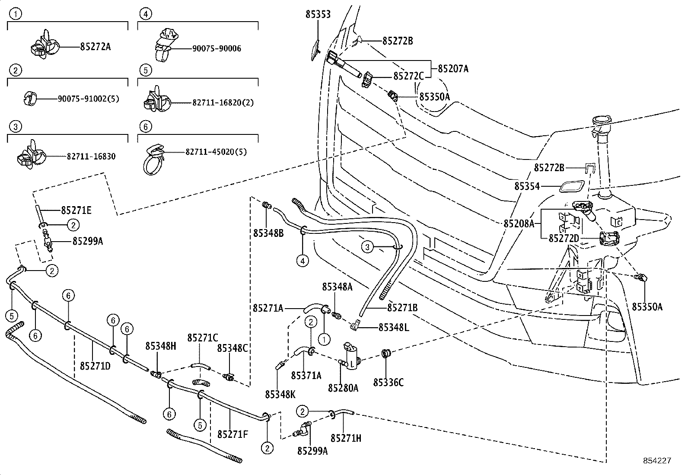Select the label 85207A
tap(453, 68)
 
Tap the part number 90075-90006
tap(217, 48)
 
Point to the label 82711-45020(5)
tap(216, 152)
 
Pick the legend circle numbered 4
tap(145, 14)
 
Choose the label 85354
tap(527, 186)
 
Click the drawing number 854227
tap(656, 461)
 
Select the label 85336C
tap(389, 382)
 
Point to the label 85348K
tap(280, 394)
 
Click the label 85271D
tap(95, 366)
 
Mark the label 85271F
tap(233, 434)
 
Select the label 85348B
tap(268, 233)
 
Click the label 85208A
tap(519, 223)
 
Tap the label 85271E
tap(76, 210)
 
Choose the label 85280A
tap(343, 388)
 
